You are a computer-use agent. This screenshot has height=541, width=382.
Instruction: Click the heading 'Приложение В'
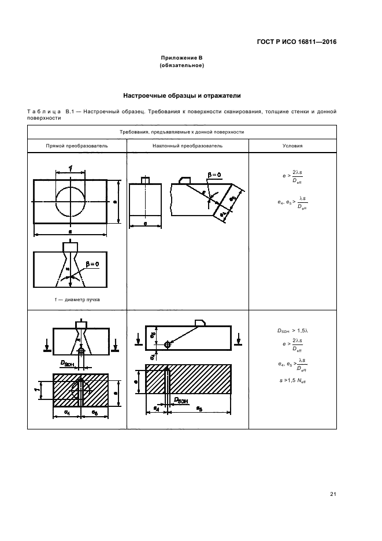tap(182, 58)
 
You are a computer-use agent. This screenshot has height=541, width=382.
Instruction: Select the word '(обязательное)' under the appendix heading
tap(182, 65)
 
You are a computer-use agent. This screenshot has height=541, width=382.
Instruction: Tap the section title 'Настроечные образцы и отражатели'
tap(182, 95)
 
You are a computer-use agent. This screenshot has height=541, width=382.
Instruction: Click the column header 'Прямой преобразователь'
tap(77, 146)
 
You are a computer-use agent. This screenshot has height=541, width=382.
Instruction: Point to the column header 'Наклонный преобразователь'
tap(187, 146)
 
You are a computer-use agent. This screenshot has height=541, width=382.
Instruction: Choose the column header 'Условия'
tap(292, 146)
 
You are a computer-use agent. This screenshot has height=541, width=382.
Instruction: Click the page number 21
tap(333, 494)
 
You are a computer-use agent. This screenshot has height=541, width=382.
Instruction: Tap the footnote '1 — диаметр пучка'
tap(69, 301)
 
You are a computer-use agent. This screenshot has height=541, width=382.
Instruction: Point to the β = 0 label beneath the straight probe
tap(91, 264)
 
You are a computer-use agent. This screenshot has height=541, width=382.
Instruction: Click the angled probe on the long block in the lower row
tap(199, 323)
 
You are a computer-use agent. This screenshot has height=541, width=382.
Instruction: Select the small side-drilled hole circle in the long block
tap(167, 344)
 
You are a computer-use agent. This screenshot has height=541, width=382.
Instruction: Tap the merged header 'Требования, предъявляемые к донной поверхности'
tap(182, 132)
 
